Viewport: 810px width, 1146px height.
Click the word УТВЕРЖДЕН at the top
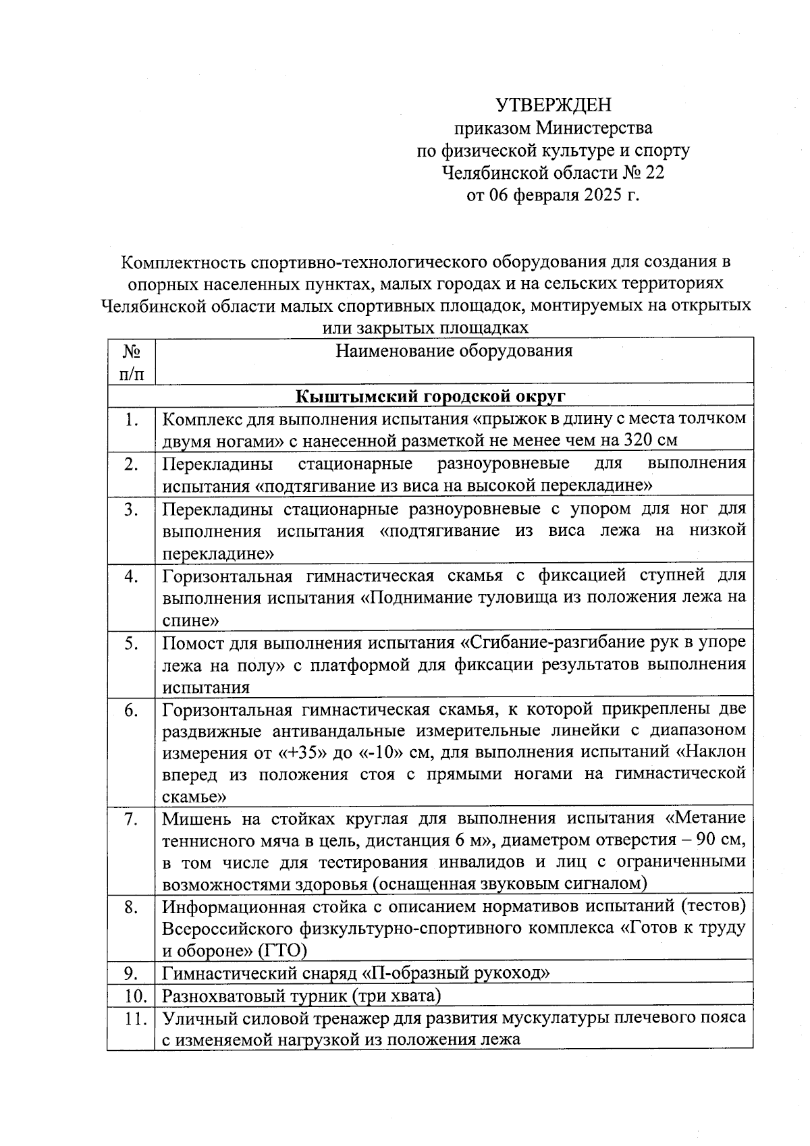tap(553, 105)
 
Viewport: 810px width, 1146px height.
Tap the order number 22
tap(654, 173)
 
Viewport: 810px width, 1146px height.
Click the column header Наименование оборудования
tap(454, 350)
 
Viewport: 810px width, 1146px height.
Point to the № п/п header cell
tap(132, 361)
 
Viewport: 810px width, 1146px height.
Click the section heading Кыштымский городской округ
tap(431, 395)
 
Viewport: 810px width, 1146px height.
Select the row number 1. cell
tap(132, 419)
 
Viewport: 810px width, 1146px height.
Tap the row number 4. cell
tap(132, 576)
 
